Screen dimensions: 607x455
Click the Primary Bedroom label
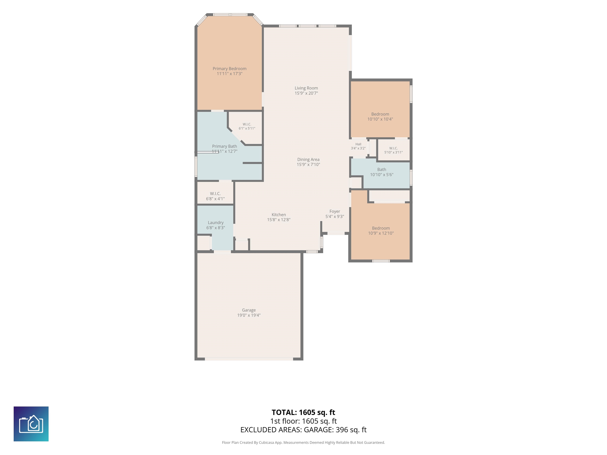click(x=229, y=69)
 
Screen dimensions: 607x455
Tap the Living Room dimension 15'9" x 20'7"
click(x=306, y=93)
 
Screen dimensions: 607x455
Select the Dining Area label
click(x=308, y=160)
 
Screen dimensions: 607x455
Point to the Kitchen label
click(x=279, y=215)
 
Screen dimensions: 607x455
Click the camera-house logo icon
click(x=31, y=424)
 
